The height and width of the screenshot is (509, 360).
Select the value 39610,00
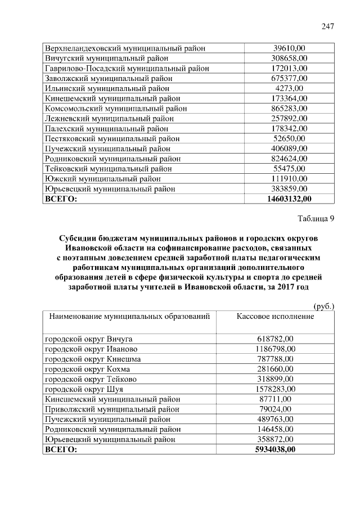(289, 48)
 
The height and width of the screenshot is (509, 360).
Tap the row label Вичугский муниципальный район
(106, 58)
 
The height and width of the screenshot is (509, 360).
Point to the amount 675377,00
(289, 78)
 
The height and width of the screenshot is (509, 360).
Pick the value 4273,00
(289, 88)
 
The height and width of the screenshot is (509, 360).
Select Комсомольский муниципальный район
(116, 109)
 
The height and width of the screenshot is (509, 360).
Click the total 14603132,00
(289, 199)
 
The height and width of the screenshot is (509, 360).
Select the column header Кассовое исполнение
(275, 317)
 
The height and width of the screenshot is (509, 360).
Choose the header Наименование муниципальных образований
(129, 317)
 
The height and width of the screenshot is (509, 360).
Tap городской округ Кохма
(87, 369)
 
